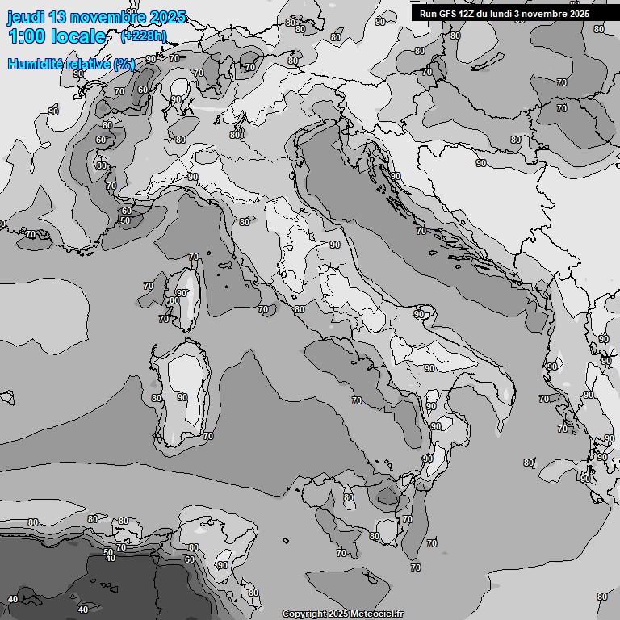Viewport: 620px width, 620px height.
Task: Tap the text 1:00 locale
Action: coord(57,36)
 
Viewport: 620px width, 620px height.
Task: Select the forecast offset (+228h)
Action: coord(144,36)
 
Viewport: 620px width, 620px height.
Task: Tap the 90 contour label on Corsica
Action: coord(181,293)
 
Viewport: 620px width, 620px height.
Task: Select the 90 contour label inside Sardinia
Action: coord(182,397)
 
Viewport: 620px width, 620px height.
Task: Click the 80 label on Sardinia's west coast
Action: coord(157,398)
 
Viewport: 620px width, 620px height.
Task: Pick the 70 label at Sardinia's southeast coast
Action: coord(207,436)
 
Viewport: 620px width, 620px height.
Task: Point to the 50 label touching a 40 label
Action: coord(109,552)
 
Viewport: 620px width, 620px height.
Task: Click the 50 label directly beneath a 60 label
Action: coord(125,220)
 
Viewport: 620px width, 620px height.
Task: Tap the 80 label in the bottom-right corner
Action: coord(601,597)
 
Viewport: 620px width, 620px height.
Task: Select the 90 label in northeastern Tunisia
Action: coord(221,565)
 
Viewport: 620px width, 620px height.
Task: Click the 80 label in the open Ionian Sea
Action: coord(528,463)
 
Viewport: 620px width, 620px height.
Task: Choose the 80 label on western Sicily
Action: coord(349,497)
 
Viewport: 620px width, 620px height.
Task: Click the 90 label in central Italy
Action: coord(334,245)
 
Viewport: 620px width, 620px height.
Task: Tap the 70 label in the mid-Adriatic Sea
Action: coord(421,231)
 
